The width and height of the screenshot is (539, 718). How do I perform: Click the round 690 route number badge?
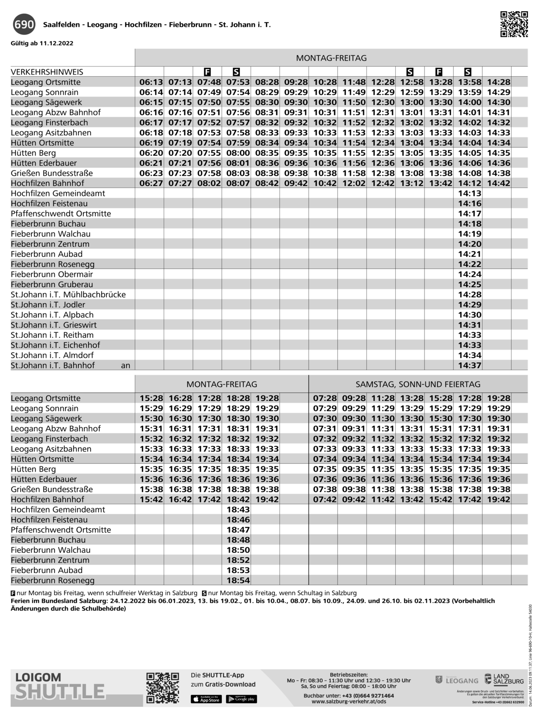[x=24, y=24]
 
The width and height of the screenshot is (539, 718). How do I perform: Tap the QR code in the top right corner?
[x=514, y=24]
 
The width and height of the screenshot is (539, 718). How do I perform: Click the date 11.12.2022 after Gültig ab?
[x=56, y=44]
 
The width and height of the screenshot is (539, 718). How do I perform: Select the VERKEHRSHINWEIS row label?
[x=47, y=72]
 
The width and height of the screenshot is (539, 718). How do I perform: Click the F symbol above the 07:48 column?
[x=207, y=72]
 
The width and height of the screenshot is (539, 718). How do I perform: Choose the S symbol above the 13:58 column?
[x=468, y=72]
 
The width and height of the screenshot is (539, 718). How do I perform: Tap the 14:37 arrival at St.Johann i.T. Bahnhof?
[x=469, y=365]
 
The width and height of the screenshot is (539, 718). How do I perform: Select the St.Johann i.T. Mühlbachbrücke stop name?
[x=68, y=294]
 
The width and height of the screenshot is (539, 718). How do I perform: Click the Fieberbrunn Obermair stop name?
[x=52, y=274]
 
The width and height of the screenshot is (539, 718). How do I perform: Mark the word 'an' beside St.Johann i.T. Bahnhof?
[x=126, y=365]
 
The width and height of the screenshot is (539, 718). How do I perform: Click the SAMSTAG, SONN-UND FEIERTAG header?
[x=418, y=384]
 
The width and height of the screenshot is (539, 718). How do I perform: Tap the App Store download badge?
[x=206, y=699]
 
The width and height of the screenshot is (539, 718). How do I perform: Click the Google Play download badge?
[x=241, y=699]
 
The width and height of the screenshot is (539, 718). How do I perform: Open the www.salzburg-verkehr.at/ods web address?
[x=349, y=701]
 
